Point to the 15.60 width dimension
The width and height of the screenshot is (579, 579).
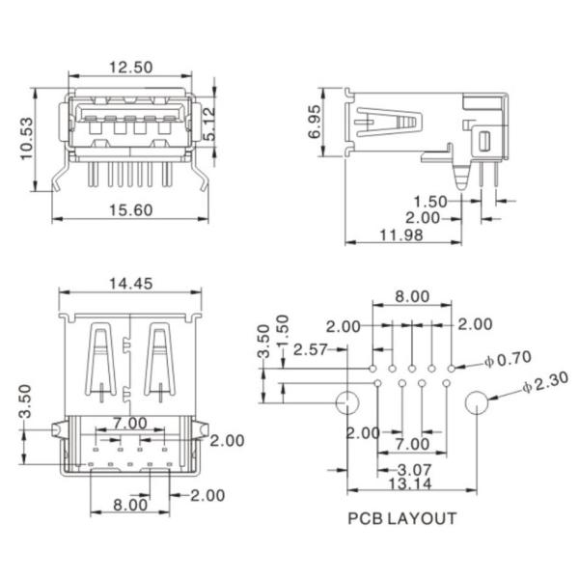pyautogui.click(x=130, y=209)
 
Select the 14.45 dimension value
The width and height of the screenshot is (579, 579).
pyautogui.click(x=132, y=284)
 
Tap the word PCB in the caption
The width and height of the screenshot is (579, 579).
pyautogui.click(x=365, y=518)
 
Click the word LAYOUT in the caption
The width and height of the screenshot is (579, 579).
pyautogui.click(x=422, y=518)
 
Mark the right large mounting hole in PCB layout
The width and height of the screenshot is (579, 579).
pyautogui.click(x=476, y=403)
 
